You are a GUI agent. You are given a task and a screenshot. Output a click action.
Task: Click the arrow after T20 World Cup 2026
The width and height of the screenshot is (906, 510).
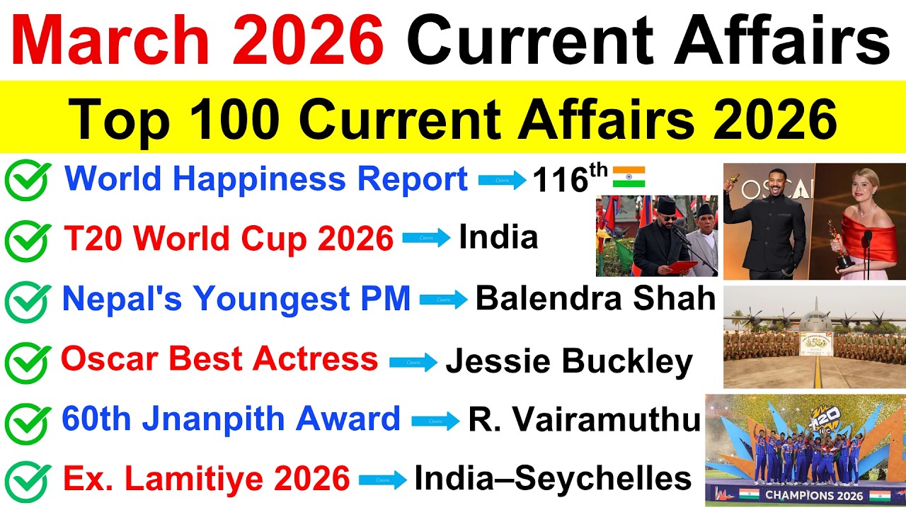point(427,239)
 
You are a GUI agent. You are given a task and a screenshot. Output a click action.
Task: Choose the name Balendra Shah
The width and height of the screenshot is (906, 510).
point(595,299)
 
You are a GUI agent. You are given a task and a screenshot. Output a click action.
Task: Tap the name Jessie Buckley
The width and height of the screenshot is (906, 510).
point(569,361)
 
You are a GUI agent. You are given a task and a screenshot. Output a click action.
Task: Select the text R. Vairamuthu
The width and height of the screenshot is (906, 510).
point(584,420)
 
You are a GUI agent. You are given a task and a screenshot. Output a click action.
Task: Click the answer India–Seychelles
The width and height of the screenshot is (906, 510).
point(553,479)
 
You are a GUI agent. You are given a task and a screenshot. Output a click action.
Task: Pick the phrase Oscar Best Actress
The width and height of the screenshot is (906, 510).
point(219,360)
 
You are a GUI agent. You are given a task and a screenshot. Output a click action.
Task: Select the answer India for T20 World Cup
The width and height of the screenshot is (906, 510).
point(498,238)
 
